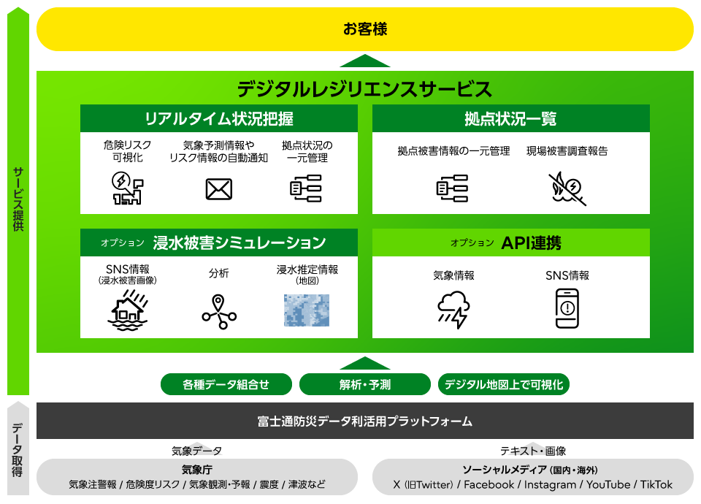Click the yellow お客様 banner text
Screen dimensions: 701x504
coord(365,29)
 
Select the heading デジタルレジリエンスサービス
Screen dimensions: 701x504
coord(364,89)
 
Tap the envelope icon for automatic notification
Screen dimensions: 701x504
coord(218,189)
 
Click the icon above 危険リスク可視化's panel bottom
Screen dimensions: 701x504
coord(127,188)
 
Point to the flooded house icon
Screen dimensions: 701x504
coord(128,310)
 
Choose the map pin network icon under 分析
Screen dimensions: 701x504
coord(218,311)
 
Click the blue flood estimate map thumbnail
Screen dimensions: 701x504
coord(307,310)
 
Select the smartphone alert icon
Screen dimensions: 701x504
coord(567,308)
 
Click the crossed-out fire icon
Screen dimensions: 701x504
coord(567,188)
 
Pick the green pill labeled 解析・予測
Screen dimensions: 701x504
coord(365,384)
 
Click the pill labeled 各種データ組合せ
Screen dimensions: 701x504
coord(226,384)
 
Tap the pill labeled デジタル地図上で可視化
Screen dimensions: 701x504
coord(503,384)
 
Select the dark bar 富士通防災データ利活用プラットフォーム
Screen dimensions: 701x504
coord(365,421)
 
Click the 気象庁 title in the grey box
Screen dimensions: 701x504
coord(196,470)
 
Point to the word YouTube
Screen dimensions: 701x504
coord(608,484)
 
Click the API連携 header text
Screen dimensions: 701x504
coord(531,243)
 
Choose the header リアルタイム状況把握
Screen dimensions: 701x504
coord(219,118)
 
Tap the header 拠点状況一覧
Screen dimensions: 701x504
coord(510,118)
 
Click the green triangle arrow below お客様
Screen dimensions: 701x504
coord(365,61)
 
